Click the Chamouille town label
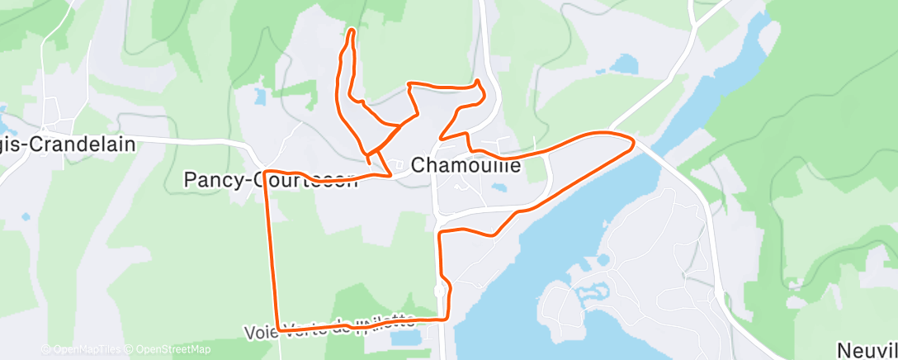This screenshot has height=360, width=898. tap(466, 165)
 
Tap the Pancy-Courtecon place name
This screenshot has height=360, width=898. tap(271, 179)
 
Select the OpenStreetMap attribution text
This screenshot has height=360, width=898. tap(169, 349)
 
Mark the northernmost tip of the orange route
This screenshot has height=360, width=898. tap(352, 31)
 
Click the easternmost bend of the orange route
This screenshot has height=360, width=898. tap(632, 144)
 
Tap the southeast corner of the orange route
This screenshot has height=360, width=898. tap(447, 317)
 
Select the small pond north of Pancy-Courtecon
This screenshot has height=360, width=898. tap(261, 96)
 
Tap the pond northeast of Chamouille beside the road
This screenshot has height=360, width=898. tap(625, 63)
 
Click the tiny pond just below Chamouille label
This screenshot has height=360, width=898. tap(498, 187)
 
